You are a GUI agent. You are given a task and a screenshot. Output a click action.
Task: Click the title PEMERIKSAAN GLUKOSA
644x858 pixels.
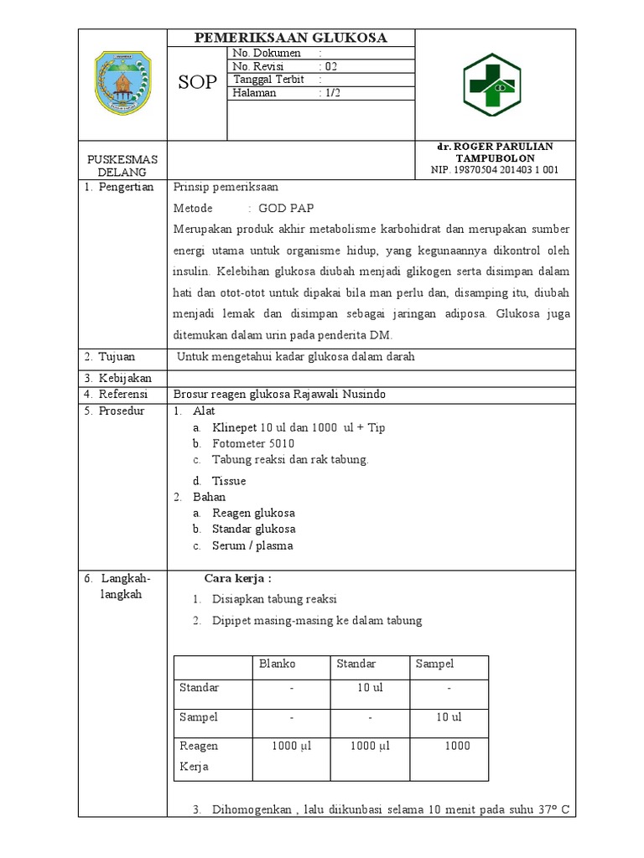[x=291, y=39]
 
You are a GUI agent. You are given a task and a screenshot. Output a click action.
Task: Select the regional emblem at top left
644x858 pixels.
[x=122, y=82]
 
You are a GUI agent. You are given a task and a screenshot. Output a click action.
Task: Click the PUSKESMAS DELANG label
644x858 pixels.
[x=122, y=165]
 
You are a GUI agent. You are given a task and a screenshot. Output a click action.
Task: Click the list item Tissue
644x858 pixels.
[x=229, y=481]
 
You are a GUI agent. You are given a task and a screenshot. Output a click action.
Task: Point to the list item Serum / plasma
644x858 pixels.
[x=252, y=545]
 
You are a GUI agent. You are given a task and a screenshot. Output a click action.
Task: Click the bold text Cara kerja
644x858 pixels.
[x=238, y=578]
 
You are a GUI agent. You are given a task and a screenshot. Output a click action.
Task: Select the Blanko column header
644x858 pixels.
[x=277, y=664]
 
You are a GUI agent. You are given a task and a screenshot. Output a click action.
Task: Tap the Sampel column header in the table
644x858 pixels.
[x=434, y=664]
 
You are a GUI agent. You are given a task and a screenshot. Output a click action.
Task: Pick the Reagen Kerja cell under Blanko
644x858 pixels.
[x=291, y=746]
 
